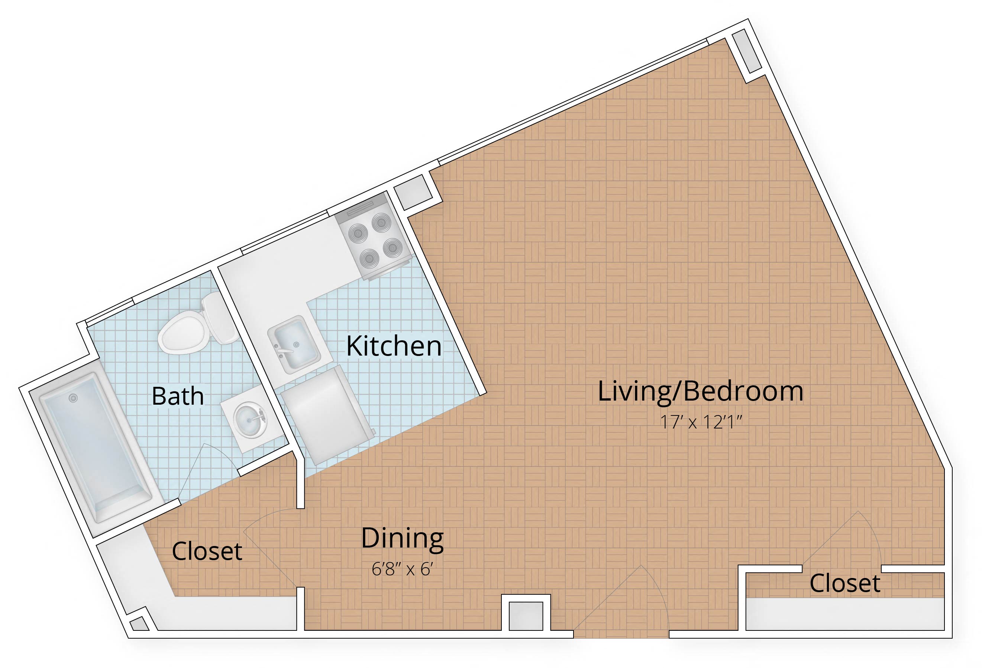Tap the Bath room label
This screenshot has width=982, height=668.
[x=178, y=396]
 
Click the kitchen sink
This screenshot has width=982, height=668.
[x=293, y=344]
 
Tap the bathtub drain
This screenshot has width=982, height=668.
[x=74, y=398]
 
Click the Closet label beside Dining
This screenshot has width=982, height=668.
[x=207, y=551]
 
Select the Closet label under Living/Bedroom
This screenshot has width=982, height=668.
[x=845, y=584]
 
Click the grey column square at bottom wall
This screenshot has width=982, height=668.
[x=526, y=615]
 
